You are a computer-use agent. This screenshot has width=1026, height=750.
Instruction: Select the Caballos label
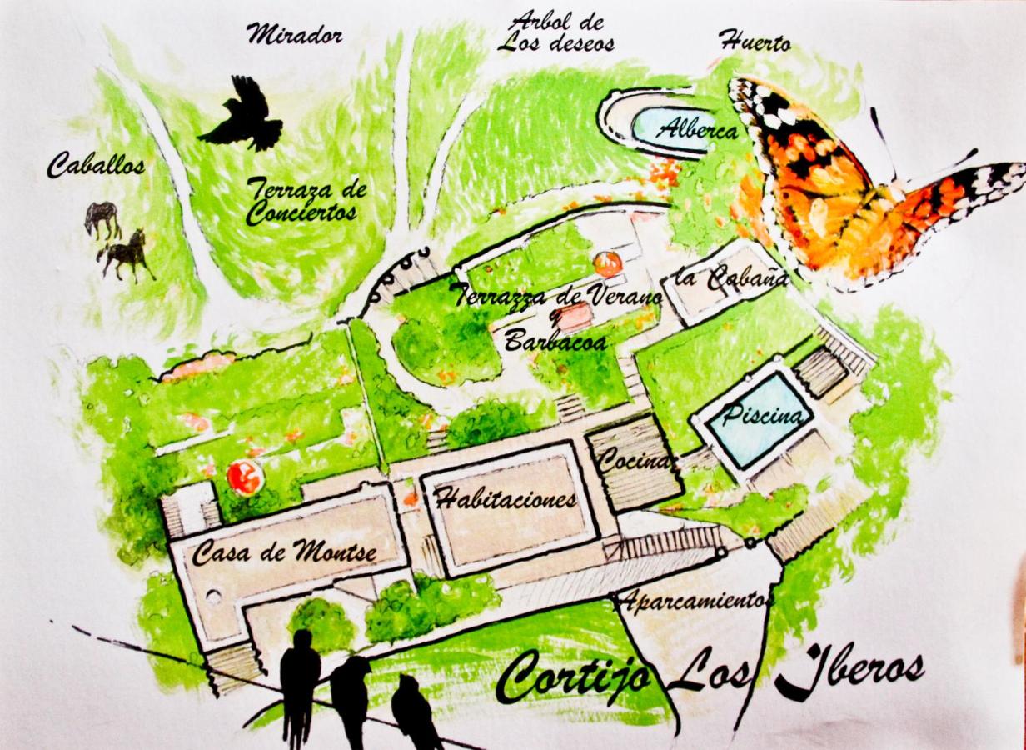(95, 165)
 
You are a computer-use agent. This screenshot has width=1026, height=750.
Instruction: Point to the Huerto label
(755, 41)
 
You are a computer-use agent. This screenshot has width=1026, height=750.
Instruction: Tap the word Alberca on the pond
(697, 130)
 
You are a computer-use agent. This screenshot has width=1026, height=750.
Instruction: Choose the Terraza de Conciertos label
(306, 201)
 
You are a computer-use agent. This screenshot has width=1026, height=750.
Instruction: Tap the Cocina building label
(635, 459)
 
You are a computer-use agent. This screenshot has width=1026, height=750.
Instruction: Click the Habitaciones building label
(506, 499)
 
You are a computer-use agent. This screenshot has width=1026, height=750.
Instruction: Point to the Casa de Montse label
(284, 552)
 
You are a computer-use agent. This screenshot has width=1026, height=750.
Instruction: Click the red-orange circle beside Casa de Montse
(245, 477)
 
